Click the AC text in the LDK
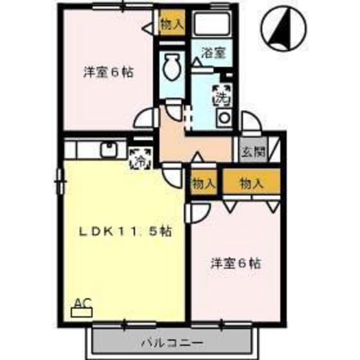point(82,302)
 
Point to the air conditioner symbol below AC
point(82,312)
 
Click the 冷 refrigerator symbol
point(139,158)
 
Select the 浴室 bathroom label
point(213,53)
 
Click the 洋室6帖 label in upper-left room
point(108,73)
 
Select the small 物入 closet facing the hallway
point(203,183)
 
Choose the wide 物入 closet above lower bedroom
point(251,183)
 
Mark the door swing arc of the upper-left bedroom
point(145,119)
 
